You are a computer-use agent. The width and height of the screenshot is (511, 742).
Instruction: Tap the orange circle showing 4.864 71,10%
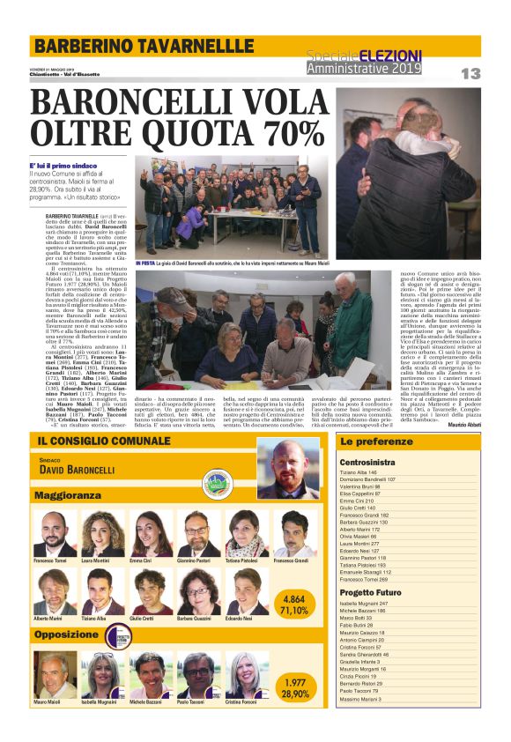click(x=293, y=604)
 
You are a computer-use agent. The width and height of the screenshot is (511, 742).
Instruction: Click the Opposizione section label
click(x=67, y=634)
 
